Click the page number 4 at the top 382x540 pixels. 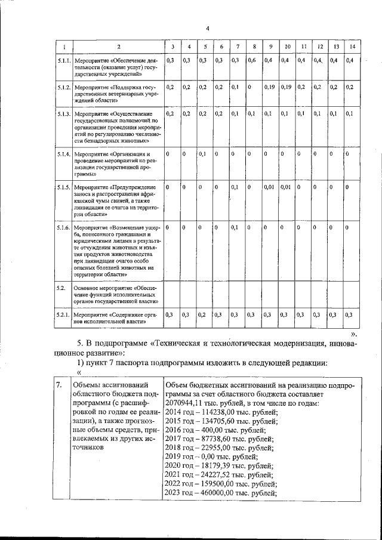pyautogui.click(x=207, y=27)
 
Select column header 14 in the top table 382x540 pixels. pyautogui.click(x=352, y=47)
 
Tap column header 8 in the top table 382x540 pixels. pyautogui.click(x=254, y=47)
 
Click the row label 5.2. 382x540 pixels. pyautogui.click(x=60, y=288)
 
